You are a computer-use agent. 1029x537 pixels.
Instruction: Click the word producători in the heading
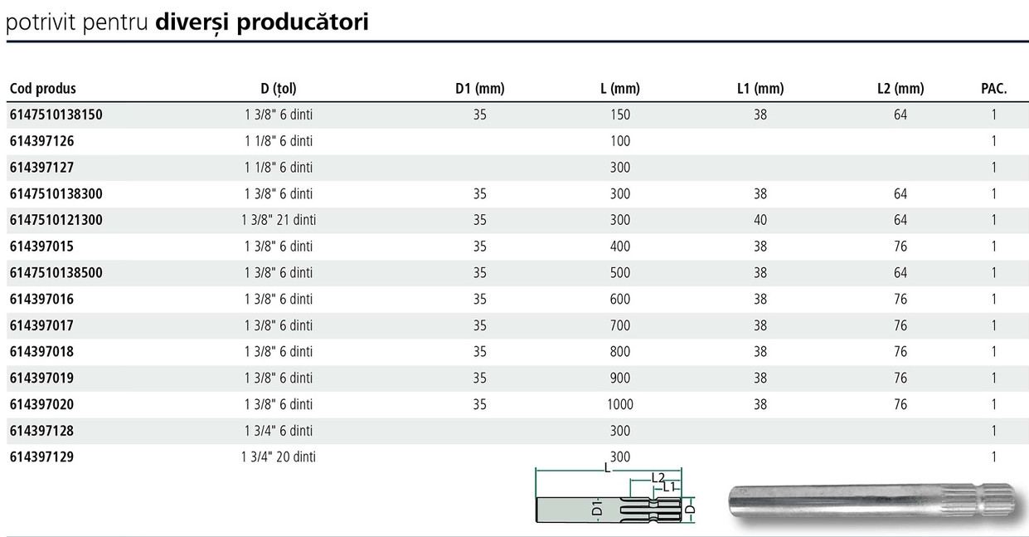[303, 22]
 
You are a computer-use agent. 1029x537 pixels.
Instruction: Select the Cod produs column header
[43, 88]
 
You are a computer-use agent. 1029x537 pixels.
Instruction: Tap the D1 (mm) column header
[479, 88]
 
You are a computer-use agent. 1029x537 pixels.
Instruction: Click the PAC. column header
[993, 88]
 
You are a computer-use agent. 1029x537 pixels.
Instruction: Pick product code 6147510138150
[56, 115]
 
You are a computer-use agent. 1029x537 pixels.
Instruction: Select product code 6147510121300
[56, 220]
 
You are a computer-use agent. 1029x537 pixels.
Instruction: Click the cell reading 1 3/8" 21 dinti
[279, 220]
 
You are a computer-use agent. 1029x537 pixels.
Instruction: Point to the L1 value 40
[760, 220]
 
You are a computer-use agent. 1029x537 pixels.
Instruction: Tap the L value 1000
[620, 404]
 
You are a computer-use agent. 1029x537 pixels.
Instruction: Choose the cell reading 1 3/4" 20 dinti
[279, 457]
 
